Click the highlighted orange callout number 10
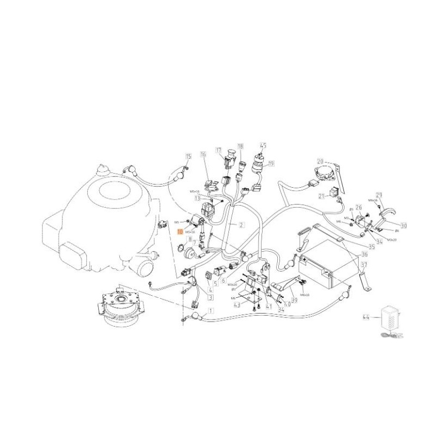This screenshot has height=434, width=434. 181,231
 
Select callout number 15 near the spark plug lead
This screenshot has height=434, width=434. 188,156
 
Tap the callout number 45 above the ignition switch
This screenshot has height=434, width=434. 263,145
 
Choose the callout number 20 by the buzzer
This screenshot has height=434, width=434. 321,161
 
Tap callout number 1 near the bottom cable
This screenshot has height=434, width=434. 211,311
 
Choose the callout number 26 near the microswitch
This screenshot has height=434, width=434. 359,208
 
